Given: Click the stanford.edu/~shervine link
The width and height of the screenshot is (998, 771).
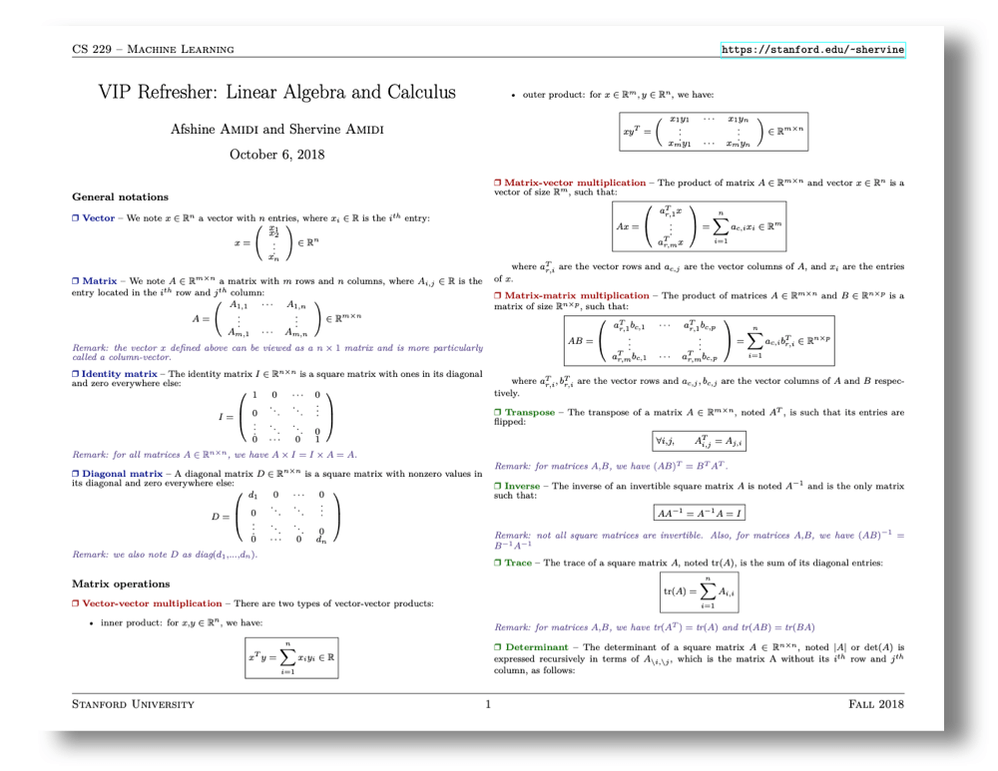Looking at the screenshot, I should pos(812,49).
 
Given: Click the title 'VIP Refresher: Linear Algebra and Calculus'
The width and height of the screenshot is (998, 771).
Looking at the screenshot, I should pos(276,93).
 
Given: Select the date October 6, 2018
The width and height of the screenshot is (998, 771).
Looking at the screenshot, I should pos(276,155).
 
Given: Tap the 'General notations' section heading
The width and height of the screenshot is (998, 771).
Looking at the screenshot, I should pos(121,196).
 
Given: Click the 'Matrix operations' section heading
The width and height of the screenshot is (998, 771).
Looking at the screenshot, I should pos(122,583).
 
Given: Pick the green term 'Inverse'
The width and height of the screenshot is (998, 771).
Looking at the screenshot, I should pos(525,485).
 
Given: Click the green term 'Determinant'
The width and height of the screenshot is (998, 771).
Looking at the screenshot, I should pos(536,648).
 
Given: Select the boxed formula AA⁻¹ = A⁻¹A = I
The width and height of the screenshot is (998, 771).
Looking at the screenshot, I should pos(700,513).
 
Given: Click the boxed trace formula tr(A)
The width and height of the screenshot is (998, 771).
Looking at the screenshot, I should pos(700,591).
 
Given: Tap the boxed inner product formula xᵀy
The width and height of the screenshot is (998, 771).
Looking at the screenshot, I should pos(291,658).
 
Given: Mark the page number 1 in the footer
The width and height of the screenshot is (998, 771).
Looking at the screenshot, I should pos(488,705).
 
